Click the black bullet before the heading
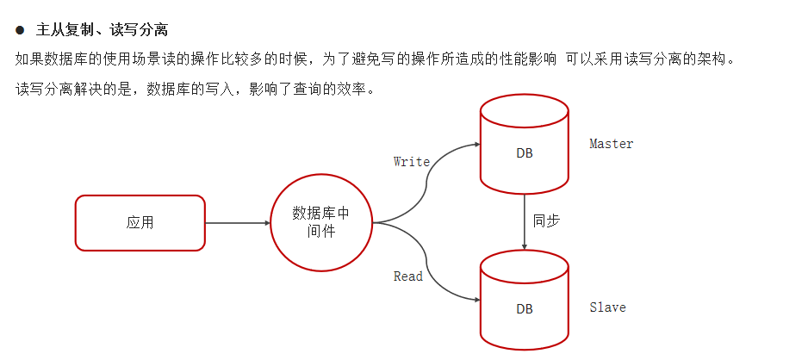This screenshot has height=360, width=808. [20, 30]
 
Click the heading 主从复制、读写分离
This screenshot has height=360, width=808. [102, 30]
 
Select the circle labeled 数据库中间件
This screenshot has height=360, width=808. [320, 222]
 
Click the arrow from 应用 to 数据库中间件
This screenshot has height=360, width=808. [237, 223]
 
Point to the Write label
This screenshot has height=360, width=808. [411, 161]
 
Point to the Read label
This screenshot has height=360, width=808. [408, 276]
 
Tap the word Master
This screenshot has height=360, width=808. [611, 144]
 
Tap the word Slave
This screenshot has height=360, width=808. [607, 307]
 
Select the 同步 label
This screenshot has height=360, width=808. [547, 220]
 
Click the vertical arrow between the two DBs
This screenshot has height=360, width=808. [525, 221]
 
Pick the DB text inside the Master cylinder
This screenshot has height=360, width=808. [524, 153]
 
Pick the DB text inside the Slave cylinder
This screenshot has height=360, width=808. [524, 308]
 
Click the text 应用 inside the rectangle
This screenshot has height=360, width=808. [140, 222]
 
